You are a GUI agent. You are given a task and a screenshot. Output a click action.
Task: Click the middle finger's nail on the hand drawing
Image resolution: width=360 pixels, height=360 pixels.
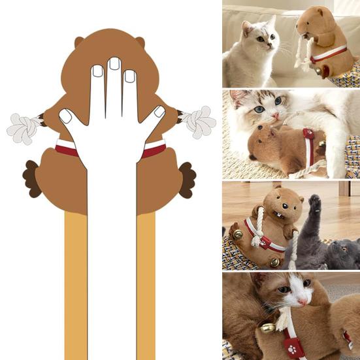click(114, 63)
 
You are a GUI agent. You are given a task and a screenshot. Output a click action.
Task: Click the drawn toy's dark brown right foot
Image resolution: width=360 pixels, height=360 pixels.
click(186, 179)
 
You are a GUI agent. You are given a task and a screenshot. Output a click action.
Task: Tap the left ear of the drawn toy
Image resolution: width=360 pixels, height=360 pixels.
click(79, 42)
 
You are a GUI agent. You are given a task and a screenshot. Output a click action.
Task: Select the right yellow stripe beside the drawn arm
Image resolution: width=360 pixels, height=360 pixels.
click(146, 287)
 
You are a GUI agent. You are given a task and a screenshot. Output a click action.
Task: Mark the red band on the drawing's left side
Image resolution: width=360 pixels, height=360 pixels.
click(67, 148)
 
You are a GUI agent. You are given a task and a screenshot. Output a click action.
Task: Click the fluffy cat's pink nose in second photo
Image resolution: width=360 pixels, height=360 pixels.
click(277, 117)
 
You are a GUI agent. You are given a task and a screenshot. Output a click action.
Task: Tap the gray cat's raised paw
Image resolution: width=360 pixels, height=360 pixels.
click(315, 204)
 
